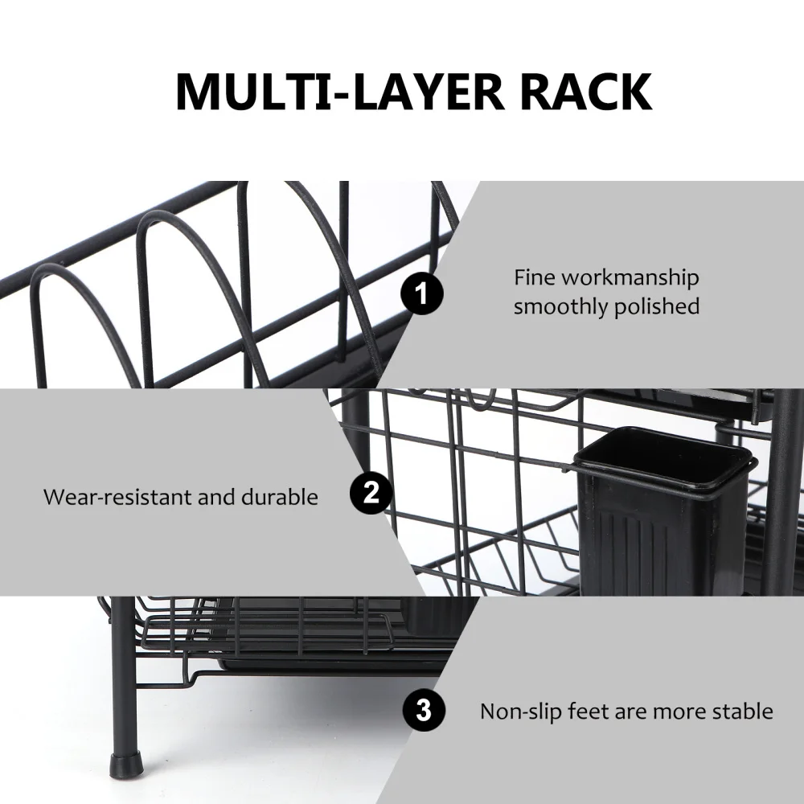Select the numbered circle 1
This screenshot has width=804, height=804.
[x=421, y=294]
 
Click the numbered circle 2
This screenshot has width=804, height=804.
[x=371, y=492]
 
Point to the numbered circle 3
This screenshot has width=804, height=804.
[x=424, y=711]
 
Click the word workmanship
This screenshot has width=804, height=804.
[x=630, y=279]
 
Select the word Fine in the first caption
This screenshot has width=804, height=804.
[x=534, y=277]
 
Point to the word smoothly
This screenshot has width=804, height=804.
[x=560, y=306]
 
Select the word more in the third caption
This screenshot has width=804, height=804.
[x=675, y=712]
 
